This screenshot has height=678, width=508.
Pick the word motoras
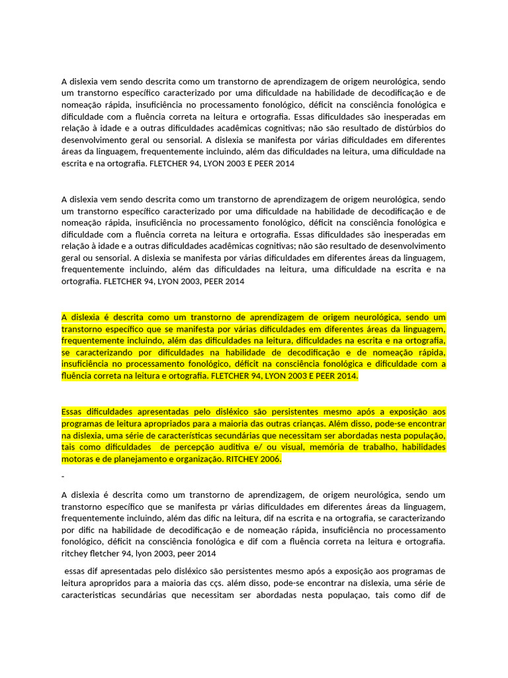click(x=77, y=460)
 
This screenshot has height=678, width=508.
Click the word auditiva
click(x=214, y=447)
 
